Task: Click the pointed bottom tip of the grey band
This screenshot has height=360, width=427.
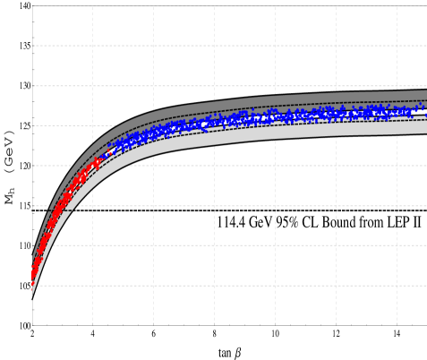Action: pos(32,295)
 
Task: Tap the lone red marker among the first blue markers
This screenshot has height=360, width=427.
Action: pos(110,152)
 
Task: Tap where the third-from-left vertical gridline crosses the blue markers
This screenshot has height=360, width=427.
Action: pos(214,121)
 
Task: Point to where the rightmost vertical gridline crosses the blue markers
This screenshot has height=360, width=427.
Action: pos(397,112)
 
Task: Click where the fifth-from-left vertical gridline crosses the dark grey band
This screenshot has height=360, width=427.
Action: pos(336,97)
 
